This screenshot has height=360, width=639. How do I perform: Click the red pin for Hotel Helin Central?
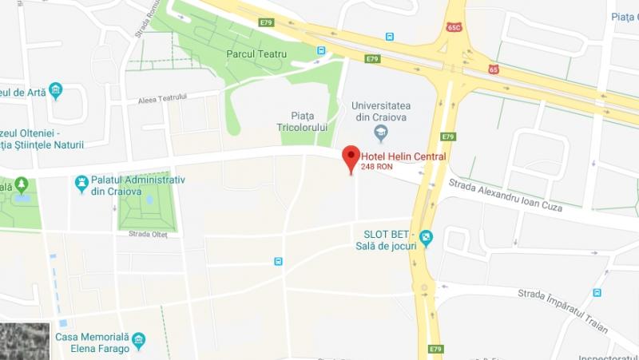point(351,157)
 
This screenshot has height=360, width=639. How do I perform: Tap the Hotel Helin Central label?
point(403,156)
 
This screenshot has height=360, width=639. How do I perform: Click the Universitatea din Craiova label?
point(380,111)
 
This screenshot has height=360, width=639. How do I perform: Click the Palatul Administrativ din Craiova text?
point(138,185)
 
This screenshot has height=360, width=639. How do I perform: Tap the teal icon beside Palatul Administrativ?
point(81,184)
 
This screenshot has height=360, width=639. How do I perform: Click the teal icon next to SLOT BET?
point(427,236)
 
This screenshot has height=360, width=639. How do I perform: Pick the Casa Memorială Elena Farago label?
point(91,342)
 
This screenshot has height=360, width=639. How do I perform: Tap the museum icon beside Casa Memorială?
point(139,341)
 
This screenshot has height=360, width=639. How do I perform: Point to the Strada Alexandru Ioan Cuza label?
point(505,196)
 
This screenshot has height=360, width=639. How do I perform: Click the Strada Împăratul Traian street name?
point(562,309)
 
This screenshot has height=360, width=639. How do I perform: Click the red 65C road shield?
point(455,27)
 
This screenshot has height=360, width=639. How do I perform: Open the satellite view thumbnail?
point(25,341)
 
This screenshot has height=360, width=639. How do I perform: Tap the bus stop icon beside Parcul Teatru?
point(321,50)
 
